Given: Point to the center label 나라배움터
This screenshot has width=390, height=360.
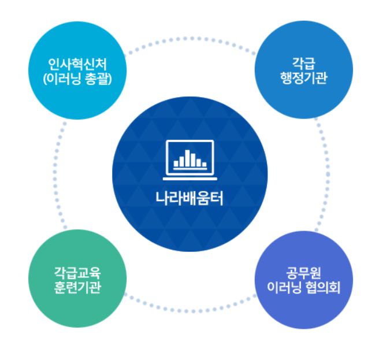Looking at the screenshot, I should pyautogui.click(x=190, y=199).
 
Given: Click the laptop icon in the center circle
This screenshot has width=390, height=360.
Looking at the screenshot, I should pyautogui.click(x=190, y=158).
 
